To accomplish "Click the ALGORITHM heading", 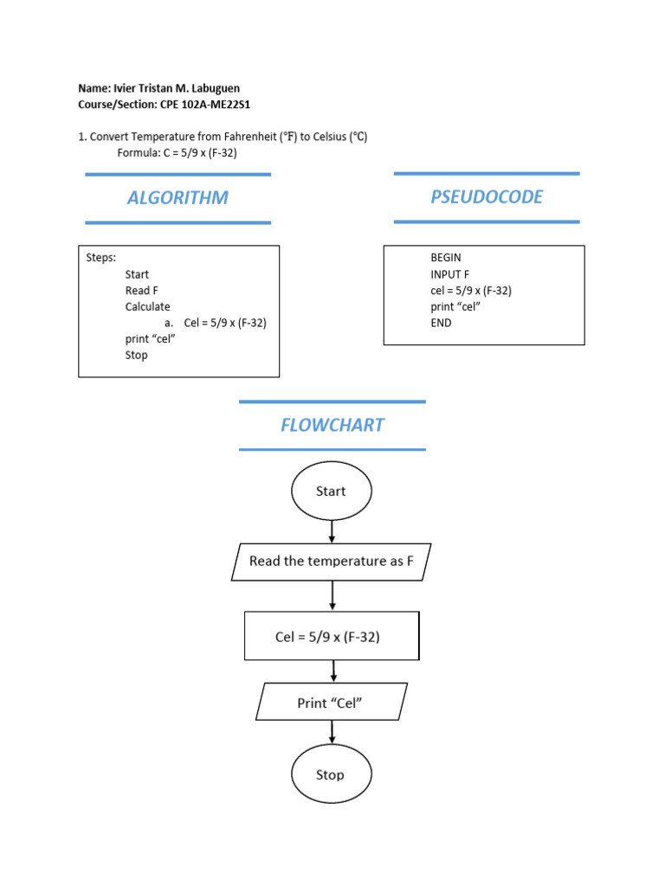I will point(178,197).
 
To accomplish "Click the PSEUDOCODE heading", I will point(487,196).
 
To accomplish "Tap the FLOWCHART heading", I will point(332,425).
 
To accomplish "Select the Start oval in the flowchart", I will point(331,491).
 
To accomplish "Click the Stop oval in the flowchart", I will point(331,774).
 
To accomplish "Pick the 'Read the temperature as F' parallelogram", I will point(332,562).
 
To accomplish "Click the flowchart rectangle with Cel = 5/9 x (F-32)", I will point(332,637).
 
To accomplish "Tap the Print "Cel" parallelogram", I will point(331,703).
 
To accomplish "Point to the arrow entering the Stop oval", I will point(332,732).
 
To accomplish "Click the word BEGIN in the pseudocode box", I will point(446,258).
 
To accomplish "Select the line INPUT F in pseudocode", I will point(450,274).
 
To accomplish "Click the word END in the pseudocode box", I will point(441,323).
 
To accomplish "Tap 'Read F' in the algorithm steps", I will point(142,291).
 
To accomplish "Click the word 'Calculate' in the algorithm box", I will point(147,306).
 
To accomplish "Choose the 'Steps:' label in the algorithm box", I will point(101,258).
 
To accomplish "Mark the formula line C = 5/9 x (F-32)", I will point(177,152).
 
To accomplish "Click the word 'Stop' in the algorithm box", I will point(136,355).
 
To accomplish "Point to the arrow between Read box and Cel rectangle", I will point(332,595).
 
